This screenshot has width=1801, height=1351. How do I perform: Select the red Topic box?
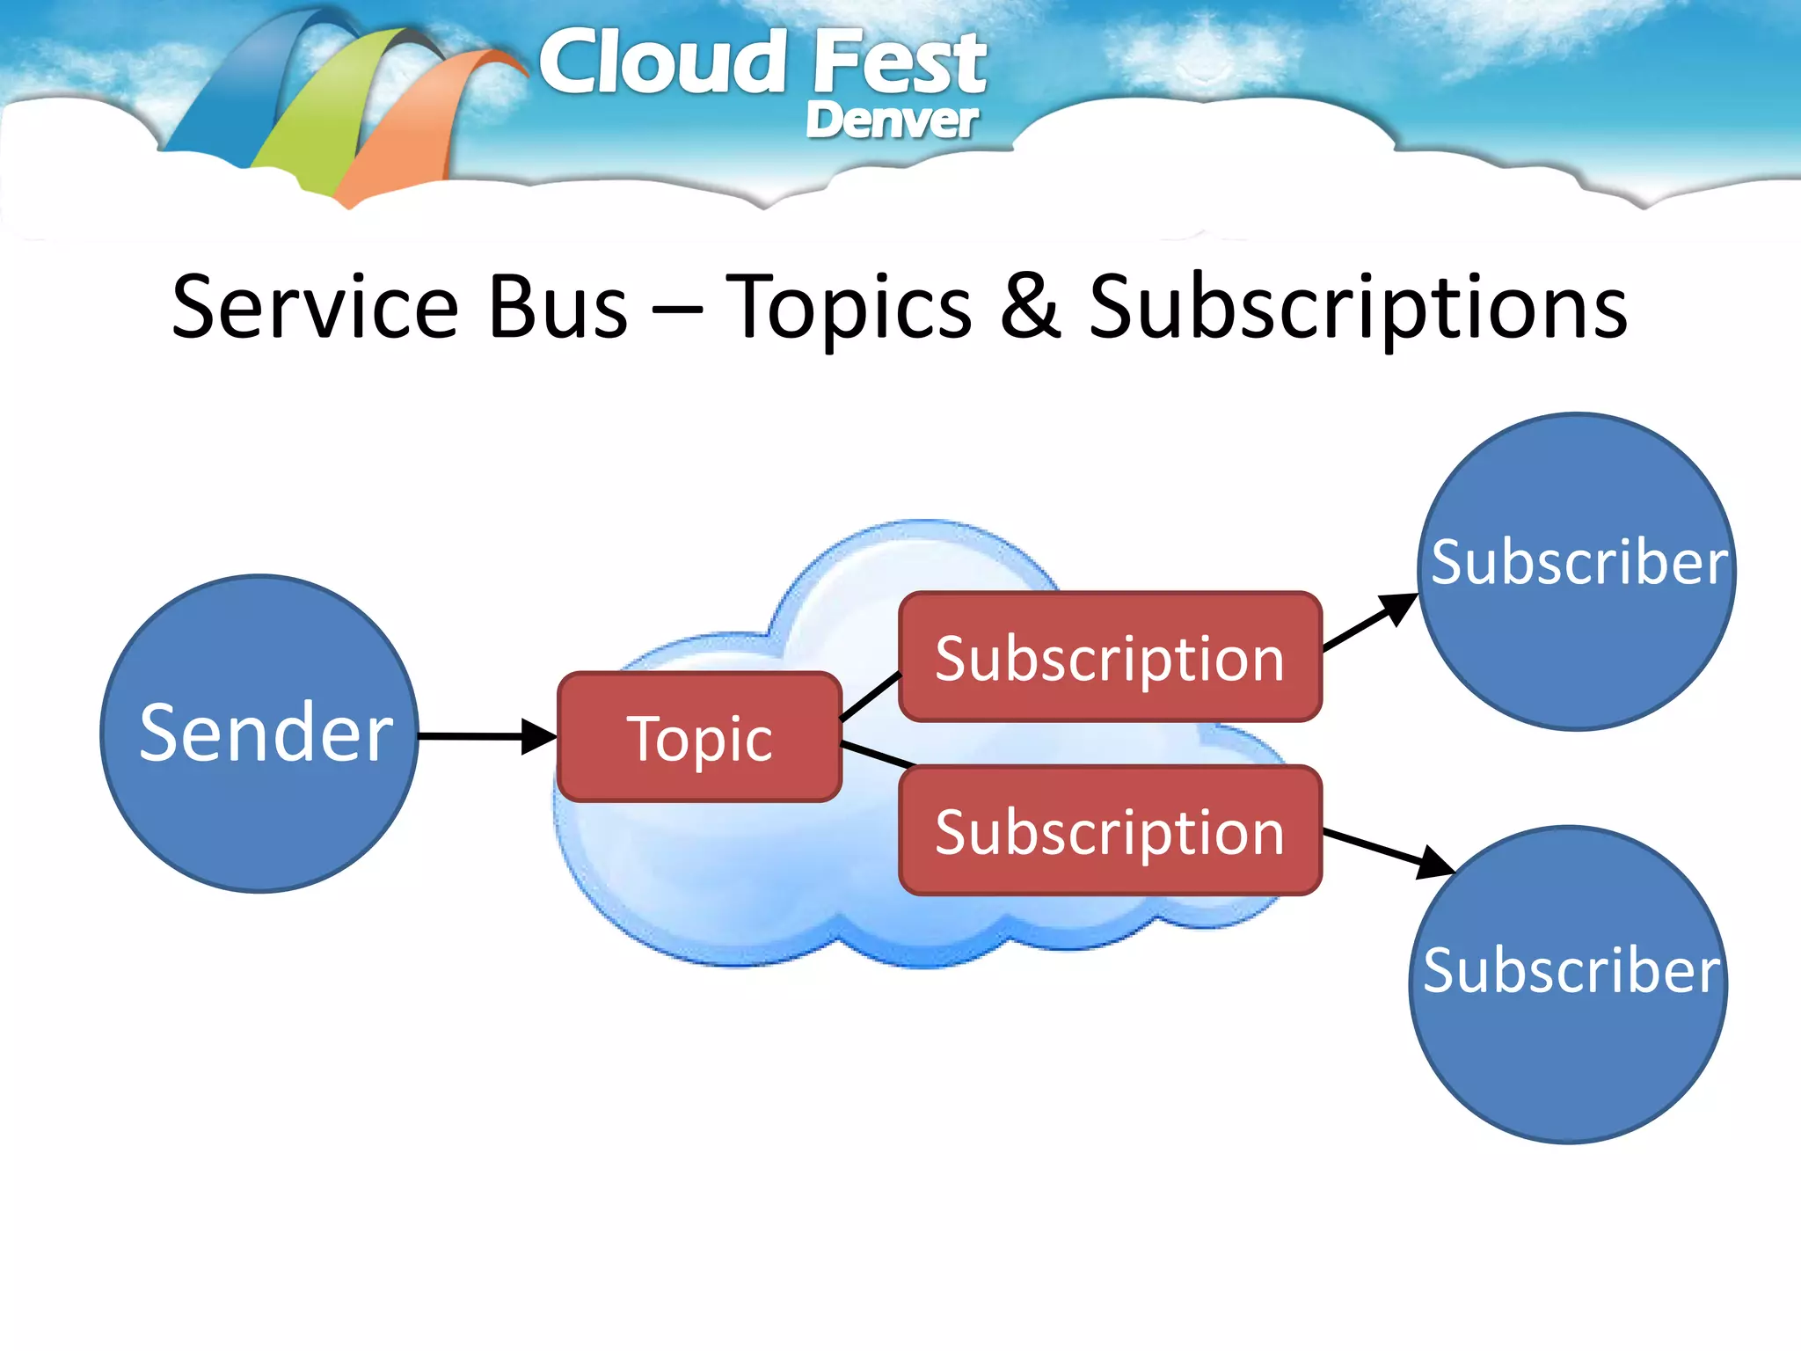click(699, 737)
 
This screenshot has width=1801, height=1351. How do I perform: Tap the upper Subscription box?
click(1110, 657)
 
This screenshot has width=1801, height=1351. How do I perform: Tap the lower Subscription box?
click(1110, 830)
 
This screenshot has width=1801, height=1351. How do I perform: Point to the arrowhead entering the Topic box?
click(538, 736)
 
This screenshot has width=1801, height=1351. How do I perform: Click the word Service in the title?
click(315, 307)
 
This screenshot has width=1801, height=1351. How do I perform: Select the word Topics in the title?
click(849, 307)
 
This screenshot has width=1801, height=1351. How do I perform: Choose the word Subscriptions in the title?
click(1358, 307)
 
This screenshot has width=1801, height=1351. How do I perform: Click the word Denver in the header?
click(891, 120)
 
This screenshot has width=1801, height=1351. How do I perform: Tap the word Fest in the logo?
click(899, 63)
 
